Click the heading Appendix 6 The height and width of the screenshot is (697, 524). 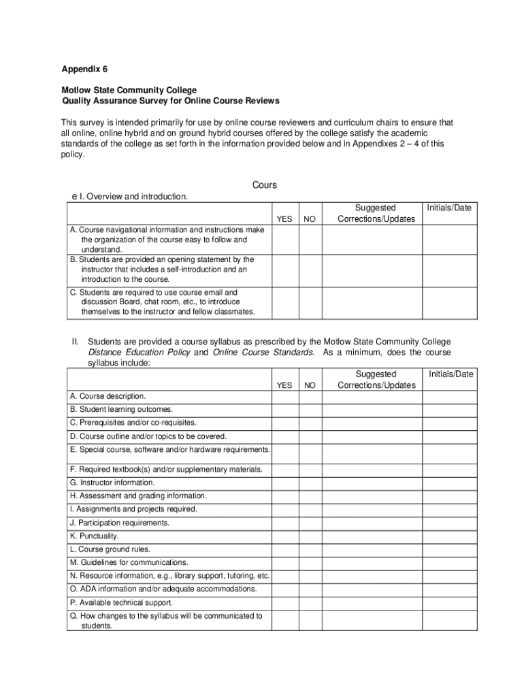84,69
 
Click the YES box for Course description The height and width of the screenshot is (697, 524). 285,396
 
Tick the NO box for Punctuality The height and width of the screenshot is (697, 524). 310,536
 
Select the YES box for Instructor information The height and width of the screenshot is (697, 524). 285,483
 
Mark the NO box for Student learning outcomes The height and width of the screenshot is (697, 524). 310,410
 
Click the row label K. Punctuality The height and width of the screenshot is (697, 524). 94,536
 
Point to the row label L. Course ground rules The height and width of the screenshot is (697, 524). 110,549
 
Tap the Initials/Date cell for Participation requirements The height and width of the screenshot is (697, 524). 450,523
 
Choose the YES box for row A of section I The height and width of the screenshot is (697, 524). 285,240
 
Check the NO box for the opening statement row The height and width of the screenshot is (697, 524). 310,270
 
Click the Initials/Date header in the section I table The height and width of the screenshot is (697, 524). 449,208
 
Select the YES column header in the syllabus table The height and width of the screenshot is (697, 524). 285,385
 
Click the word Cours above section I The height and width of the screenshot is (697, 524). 264,185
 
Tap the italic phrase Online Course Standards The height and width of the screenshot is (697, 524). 263,353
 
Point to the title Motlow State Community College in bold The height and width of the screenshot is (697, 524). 129,90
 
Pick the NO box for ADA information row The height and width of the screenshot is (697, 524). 310,589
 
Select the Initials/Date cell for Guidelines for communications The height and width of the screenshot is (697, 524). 450,562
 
